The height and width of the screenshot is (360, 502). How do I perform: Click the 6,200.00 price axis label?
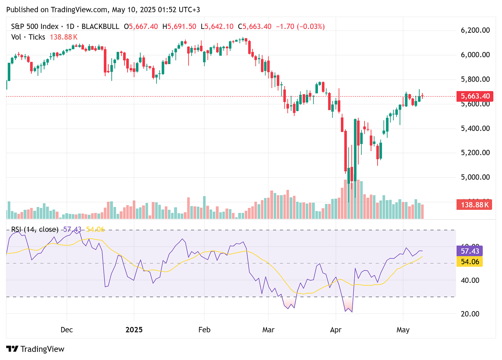tap(475, 30)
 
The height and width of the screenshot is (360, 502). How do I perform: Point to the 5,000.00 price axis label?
tap(475, 177)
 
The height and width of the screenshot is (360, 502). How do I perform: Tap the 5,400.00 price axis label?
tap(475, 128)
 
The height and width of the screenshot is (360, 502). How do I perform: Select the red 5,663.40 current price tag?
tap(474, 96)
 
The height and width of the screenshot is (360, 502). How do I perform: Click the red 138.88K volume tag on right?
tap(474, 205)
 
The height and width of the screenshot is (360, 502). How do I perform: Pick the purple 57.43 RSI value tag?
tap(470, 251)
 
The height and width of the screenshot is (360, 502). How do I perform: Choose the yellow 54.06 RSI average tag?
tap(470, 262)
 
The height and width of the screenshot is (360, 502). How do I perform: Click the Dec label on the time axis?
tap(67, 330)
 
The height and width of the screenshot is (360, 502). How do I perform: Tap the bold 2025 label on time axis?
tap(134, 330)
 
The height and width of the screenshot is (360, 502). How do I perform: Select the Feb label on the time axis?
tap(204, 330)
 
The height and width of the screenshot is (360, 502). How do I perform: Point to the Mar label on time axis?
tap(268, 330)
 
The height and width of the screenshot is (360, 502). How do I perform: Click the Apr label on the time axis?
tap(335, 330)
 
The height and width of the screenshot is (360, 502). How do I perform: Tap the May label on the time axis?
tap(403, 330)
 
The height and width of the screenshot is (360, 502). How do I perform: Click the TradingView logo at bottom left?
tap(36, 349)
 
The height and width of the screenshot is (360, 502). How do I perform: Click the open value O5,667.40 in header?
tap(143, 27)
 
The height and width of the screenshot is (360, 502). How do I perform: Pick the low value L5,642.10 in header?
tap(219, 27)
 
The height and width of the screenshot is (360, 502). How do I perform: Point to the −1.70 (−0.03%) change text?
tap(300, 27)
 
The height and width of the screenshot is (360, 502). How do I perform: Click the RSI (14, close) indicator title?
tap(35, 229)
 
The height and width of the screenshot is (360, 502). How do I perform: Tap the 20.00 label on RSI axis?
tap(470, 314)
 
